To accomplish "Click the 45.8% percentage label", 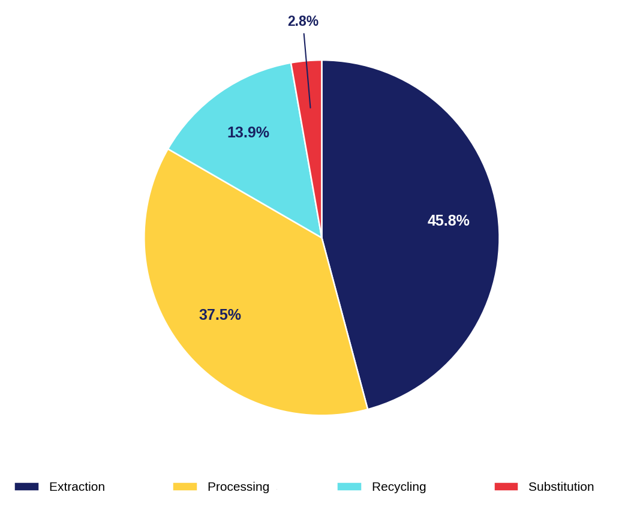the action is [x=448, y=221].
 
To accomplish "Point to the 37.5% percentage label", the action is [x=220, y=315].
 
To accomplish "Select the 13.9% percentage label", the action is [x=248, y=133].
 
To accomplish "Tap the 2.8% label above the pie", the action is [x=303, y=21].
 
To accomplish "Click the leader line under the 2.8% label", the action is [x=307, y=71].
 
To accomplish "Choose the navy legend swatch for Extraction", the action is [x=26, y=487].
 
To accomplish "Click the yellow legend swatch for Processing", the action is [x=185, y=487].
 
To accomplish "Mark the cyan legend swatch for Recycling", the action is [x=349, y=487].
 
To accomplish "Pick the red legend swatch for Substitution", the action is [x=506, y=487].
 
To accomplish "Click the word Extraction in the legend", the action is [x=77, y=487].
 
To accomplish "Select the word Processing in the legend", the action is [x=238, y=487].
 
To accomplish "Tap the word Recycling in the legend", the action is [x=399, y=487].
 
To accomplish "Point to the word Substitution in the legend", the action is [x=561, y=487].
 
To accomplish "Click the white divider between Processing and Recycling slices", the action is [x=245, y=194].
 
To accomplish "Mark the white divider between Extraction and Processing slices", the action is [x=344, y=323].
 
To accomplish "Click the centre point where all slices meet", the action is [x=322, y=238].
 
